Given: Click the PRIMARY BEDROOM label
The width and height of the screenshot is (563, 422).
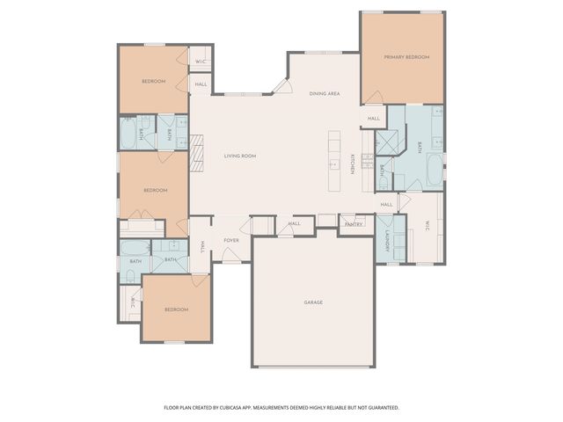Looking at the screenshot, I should [406, 57].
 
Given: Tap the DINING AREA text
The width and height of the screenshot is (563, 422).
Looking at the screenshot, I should [325, 93].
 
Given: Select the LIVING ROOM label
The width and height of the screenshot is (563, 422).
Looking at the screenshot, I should [239, 156].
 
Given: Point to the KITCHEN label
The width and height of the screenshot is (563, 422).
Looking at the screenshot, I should [353, 164].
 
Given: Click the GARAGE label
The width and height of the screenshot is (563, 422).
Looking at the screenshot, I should [313, 302].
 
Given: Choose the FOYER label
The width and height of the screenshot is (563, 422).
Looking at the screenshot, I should [231, 240].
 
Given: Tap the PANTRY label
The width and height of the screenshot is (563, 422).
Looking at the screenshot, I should [354, 224].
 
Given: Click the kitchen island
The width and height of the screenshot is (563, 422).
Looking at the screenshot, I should [334, 163].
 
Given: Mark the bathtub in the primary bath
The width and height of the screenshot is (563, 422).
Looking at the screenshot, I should [434, 171].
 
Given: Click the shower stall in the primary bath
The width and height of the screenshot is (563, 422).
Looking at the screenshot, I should [387, 142].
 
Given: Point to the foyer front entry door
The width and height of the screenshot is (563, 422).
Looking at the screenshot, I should [229, 256].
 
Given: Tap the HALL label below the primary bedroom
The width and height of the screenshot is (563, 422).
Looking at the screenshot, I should [374, 119].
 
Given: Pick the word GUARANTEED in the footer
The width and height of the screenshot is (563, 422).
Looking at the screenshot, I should [381, 408].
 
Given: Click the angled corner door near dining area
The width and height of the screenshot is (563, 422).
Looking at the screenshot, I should [281, 85].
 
